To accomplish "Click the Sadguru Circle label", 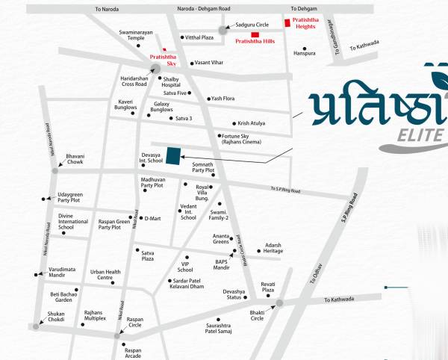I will (x=252, y=24).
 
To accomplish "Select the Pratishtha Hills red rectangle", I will (x=255, y=34).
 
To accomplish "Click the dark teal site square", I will (x=173, y=155).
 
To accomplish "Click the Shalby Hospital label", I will (x=176, y=83).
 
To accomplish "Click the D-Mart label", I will (x=152, y=218).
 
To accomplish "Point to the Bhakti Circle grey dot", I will (x=279, y=303).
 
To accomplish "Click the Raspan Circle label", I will (x=135, y=321).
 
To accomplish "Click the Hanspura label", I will (x=305, y=54).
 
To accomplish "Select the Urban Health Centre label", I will (x=105, y=275).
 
